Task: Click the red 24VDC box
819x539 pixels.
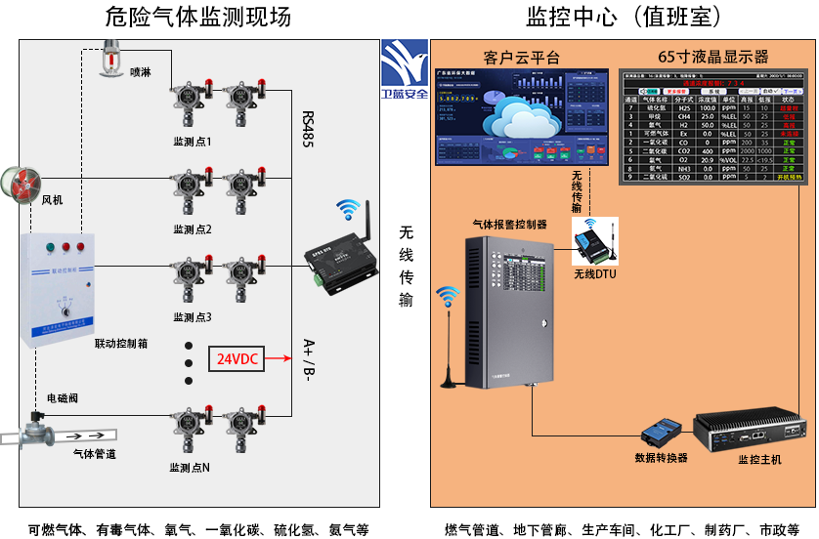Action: [237, 358]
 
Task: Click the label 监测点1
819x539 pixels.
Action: [192, 142]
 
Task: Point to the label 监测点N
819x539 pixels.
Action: [191, 467]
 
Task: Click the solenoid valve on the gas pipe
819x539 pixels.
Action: [39, 428]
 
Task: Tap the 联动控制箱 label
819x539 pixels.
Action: [121, 344]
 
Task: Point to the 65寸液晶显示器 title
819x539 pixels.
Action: [712, 57]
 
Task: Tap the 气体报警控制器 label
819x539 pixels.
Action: [509, 224]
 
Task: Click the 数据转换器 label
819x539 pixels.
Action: [661, 457]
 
